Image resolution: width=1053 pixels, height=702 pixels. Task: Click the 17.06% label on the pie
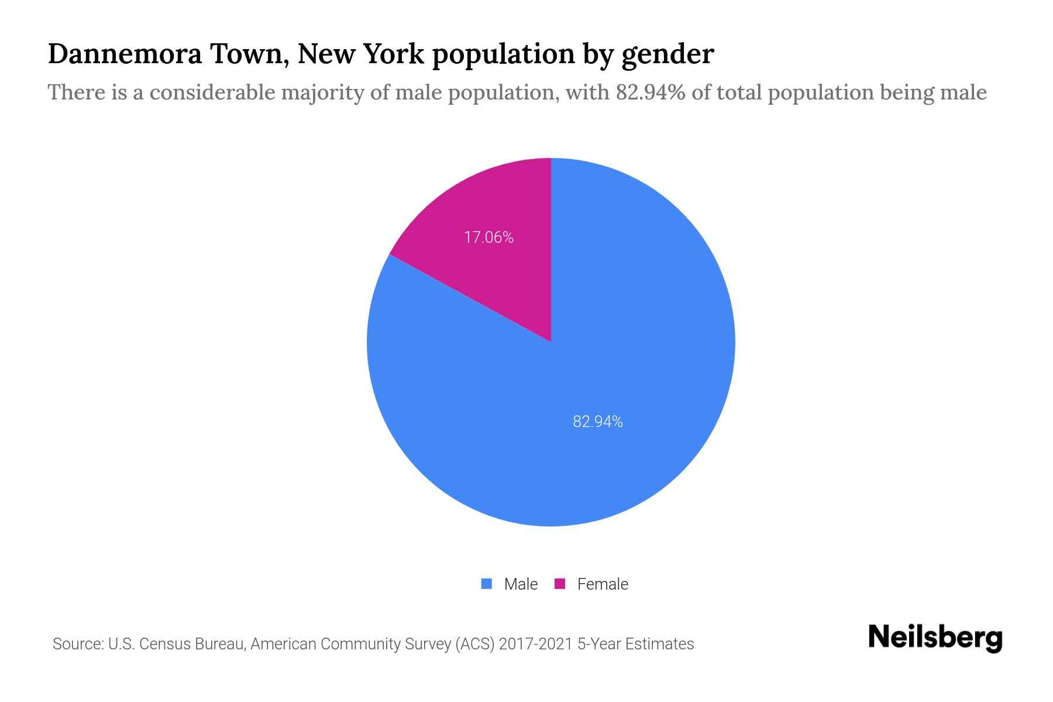pos(488,238)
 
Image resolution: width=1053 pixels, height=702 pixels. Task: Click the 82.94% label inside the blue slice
pos(597,422)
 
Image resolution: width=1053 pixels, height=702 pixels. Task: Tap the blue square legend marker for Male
pos(486,584)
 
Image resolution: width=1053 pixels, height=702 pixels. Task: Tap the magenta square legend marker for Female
pos(560,584)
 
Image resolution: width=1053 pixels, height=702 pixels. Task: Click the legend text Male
pos(521,584)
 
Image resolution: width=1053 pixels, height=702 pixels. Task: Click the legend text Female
pos(603,584)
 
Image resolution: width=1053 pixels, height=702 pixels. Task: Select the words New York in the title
pos(360,54)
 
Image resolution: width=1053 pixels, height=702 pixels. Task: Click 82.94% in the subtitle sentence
pos(651,92)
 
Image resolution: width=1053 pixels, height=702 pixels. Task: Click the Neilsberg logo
pos(935,638)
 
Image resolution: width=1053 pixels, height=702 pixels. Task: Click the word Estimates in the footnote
pos(659,644)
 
